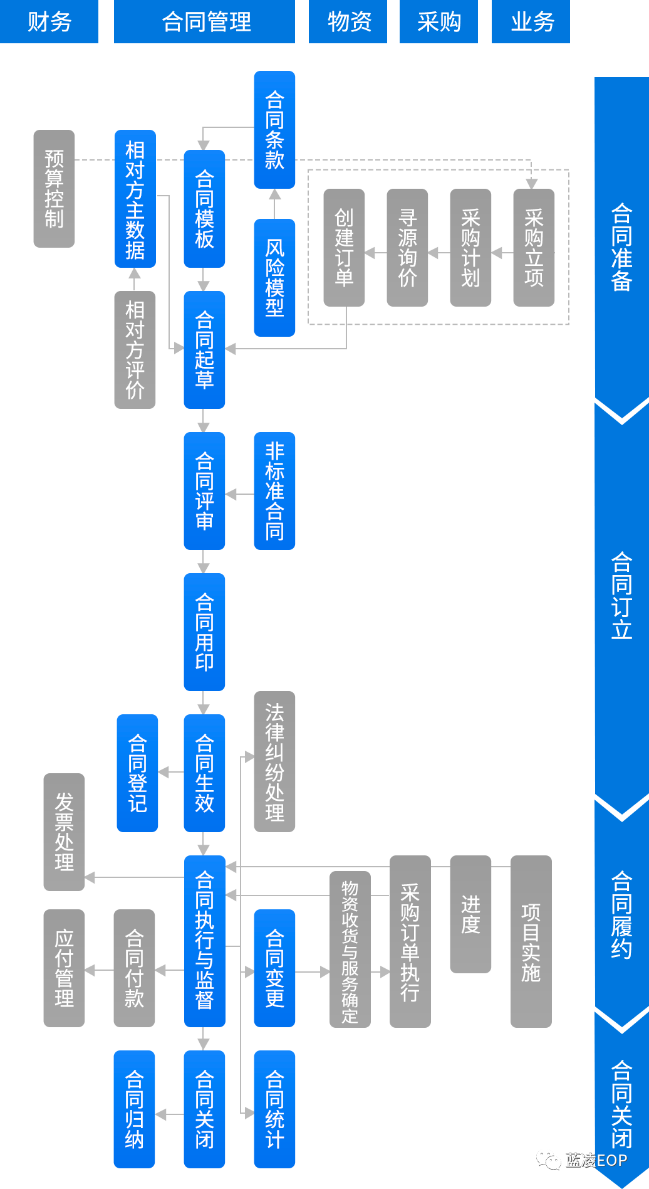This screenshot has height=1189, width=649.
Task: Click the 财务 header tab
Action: [x=49, y=21]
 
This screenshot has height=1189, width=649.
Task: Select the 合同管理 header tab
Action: [x=204, y=21]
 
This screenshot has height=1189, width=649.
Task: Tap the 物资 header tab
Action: [x=348, y=21]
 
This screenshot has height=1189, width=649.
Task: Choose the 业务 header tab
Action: [x=531, y=21]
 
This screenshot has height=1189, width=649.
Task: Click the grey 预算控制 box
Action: [x=54, y=189]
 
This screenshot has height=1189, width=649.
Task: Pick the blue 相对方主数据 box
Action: [x=135, y=199]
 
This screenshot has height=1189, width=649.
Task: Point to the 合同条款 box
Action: [x=274, y=130]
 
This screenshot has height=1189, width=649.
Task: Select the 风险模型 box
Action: [x=274, y=278]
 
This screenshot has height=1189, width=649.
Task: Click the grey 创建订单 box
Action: [x=344, y=248]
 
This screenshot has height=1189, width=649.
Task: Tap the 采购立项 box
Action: [x=534, y=248]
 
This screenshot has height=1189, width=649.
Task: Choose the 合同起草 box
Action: [x=204, y=350]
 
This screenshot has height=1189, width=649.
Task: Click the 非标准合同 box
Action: [x=274, y=491]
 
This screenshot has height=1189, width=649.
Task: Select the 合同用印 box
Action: [x=204, y=632]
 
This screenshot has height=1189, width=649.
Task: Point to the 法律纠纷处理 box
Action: [x=274, y=762]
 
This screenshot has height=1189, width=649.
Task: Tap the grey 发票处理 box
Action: [x=64, y=832]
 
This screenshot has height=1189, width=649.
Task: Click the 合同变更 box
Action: [x=274, y=968]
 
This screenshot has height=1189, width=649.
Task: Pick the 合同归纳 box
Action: [x=134, y=1109]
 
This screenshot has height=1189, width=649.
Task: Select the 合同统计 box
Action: [x=274, y=1109]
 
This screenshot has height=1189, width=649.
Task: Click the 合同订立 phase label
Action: [x=621, y=595]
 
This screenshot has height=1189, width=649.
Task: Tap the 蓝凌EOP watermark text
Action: [x=596, y=1160]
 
